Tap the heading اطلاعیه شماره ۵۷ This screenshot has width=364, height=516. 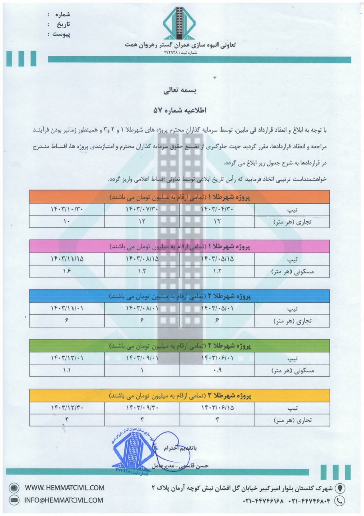point(180,109)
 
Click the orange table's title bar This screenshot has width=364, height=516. point(179,197)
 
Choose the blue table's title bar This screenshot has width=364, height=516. point(179,296)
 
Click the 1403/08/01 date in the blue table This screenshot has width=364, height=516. point(142,308)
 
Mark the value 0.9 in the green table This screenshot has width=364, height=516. point(217,370)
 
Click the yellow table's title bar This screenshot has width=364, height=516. point(179,395)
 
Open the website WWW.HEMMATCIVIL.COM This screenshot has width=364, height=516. point(64,488)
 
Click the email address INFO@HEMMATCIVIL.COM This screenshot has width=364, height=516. point(64,500)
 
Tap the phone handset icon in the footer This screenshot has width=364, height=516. point(341,501)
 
